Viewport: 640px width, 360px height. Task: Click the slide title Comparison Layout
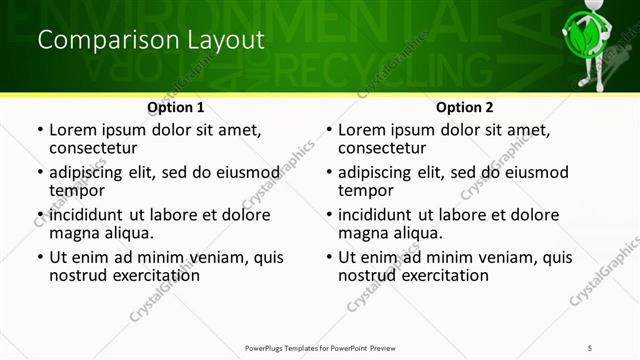pyautogui.click(x=151, y=41)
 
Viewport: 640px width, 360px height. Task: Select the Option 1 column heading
pyautogui.click(x=175, y=107)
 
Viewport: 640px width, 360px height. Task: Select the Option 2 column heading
pyautogui.click(x=464, y=107)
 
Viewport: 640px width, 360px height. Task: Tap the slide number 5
pyautogui.click(x=591, y=347)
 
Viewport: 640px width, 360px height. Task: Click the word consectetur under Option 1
pyautogui.click(x=97, y=148)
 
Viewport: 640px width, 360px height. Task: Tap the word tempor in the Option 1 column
pyautogui.click(x=77, y=190)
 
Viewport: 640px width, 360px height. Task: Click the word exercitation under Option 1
pyautogui.click(x=148, y=275)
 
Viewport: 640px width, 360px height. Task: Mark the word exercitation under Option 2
pyautogui.click(x=437, y=275)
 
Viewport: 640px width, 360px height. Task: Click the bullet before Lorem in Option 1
pyautogui.click(x=39, y=131)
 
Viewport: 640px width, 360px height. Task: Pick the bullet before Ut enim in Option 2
pyautogui.click(x=328, y=258)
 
